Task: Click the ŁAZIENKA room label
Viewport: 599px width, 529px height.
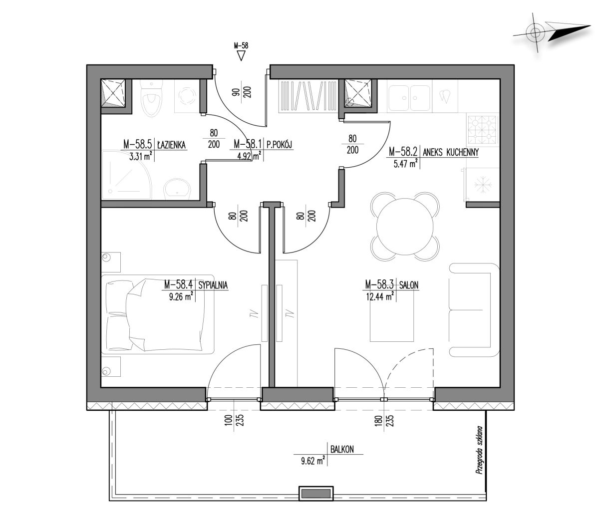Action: (171, 145)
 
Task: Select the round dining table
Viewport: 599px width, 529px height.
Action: (404, 226)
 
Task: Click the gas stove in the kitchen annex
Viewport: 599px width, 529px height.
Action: (482, 129)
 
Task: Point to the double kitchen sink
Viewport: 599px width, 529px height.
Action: (409, 98)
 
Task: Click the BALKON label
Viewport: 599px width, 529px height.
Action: (342, 450)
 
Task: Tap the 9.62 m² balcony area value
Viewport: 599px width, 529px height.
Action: (313, 461)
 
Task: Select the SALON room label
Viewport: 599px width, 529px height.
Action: (409, 285)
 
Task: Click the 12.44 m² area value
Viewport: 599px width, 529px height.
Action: (380, 296)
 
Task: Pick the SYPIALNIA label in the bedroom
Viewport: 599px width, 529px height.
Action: (213, 285)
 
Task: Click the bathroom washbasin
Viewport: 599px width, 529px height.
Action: (177, 189)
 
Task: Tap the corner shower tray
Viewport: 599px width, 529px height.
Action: (127, 175)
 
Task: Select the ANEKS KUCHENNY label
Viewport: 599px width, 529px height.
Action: (451, 152)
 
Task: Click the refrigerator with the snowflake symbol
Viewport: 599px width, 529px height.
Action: (481, 185)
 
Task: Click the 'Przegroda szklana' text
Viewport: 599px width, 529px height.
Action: (479, 450)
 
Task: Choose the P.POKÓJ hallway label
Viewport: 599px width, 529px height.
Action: (279, 145)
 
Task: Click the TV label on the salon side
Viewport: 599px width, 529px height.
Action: (291, 313)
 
